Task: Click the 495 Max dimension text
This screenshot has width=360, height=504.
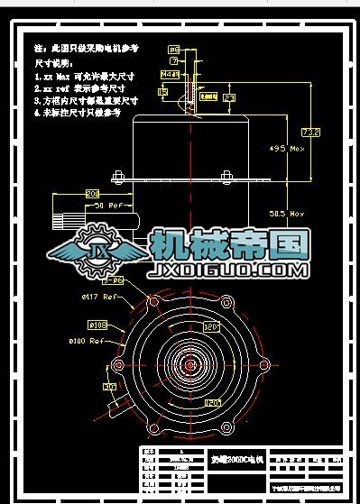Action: (x=290, y=148)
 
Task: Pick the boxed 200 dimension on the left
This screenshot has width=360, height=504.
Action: (x=91, y=194)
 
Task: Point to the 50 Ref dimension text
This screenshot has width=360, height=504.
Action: (x=110, y=206)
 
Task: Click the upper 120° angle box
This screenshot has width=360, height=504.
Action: (x=212, y=329)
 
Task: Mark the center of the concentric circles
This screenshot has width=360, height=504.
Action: (x=190, y=364)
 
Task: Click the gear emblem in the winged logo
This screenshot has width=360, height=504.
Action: (x=97, y=252)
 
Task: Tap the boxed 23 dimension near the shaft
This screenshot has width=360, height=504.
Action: (x=229, y=96)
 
